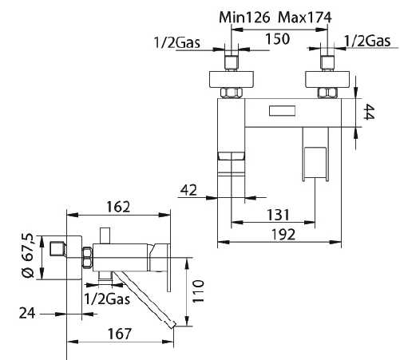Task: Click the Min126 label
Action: pos(244,18)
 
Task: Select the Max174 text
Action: pos(305,18)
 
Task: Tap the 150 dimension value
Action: pos(278,39)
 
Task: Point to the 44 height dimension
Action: pos(370,112)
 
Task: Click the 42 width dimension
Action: pos(188,190)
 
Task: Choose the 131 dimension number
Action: pos(278,215)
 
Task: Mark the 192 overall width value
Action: pos(283,235)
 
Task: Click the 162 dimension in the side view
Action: pos(118,207)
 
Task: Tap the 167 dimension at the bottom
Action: pos(120,334)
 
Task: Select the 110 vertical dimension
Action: pos(198,291)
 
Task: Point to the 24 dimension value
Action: pos(27,313)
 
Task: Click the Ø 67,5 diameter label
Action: pos(27,255)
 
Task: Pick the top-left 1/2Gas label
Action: pos(177,42)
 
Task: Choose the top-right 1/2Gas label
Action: pos(367,41)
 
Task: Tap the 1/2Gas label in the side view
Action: pos(107,299)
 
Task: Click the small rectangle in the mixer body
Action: pos(282,111)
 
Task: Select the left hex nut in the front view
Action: pos(232,93)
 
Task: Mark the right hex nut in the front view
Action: pos(327,93)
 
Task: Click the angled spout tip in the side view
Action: pos(171,324)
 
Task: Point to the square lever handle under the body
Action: pos(315,163)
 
